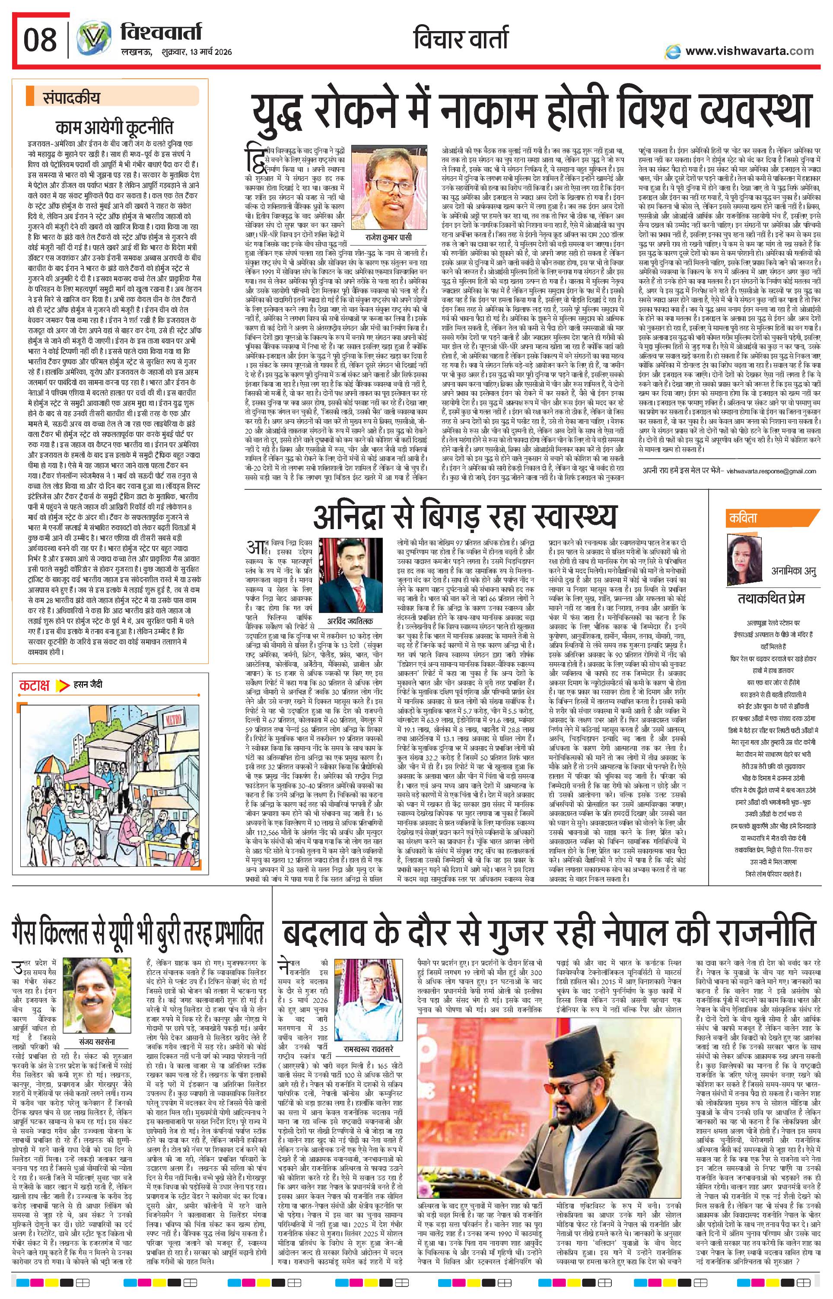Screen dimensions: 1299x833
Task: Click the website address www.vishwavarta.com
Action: click(749, 51)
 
